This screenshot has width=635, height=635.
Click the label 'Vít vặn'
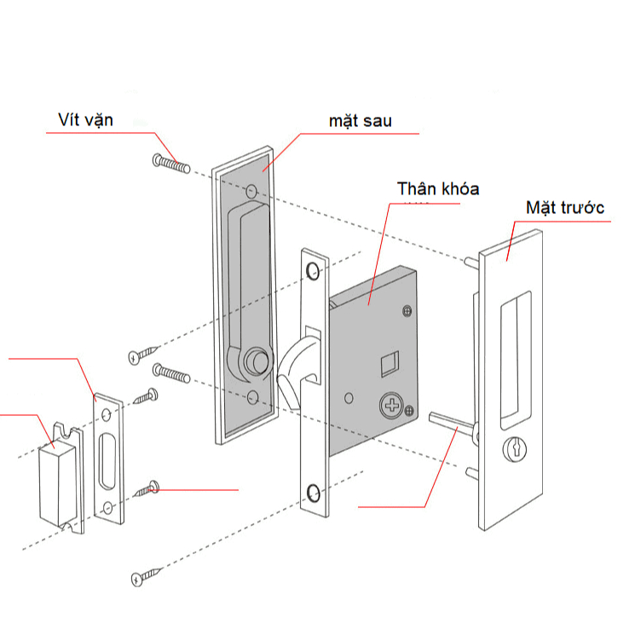coord(85,119)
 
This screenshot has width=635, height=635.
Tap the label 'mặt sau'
coord(360,121)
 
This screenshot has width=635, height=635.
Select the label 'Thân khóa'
coord(437,188)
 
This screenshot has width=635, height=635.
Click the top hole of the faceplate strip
coord(315,271)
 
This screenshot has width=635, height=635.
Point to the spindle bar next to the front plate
coord(451,421)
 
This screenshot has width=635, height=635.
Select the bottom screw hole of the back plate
coord(253,397)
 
